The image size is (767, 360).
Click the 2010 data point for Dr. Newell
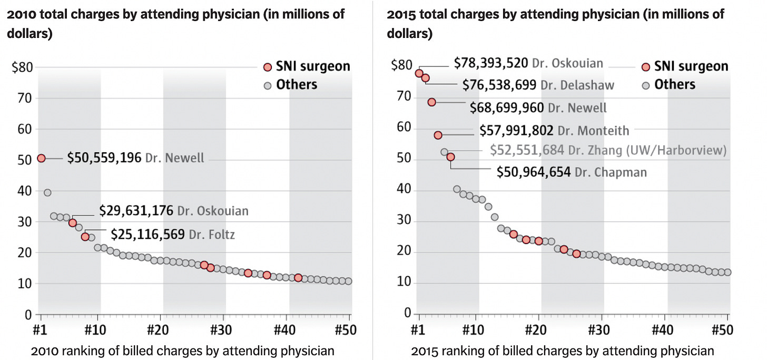(41, 158)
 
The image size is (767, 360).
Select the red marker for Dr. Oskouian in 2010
(73, 223)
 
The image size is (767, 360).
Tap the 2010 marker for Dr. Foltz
(85, 237)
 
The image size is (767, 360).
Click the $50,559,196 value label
(104, 158)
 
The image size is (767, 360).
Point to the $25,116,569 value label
(148, 234)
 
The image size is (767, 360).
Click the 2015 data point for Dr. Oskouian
(419, 73)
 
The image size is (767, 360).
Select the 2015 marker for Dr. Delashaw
(426, 78)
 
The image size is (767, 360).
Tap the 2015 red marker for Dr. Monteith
(438, 135)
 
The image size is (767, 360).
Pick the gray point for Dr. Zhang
(444, 152)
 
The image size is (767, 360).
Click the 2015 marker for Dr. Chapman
(450, 157)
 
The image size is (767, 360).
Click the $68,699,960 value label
(507, 108)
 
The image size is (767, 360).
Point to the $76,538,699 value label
(499, 84)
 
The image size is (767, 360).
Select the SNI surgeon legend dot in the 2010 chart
(268, 67)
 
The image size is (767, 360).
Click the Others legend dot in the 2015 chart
(645, 85)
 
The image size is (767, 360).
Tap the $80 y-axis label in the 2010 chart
(22, 67)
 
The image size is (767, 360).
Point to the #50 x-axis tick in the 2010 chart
(346, 331)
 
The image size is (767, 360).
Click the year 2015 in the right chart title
(400, 14)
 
